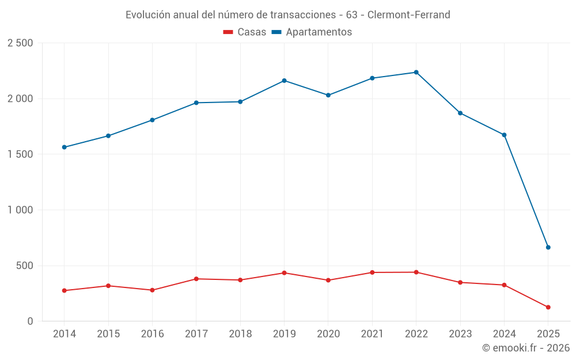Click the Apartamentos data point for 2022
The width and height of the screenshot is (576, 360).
click(416, 72)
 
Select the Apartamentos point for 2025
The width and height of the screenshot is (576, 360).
click(548, 247)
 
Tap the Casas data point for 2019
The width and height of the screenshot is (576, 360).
click(284, 272)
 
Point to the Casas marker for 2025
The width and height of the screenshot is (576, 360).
click(548, 307)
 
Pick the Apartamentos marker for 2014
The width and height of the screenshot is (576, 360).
click(64, 147)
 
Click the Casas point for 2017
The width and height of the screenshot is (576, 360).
click(196, 279)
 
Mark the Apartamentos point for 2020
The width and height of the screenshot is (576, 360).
click(328, 95)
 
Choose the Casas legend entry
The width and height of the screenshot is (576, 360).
click(245, 32)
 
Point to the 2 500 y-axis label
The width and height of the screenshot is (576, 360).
click(20, 43)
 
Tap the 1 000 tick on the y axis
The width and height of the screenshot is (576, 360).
click(20, 210)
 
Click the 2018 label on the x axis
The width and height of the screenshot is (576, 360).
click(240, 334)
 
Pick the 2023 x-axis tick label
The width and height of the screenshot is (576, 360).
click(460, 334)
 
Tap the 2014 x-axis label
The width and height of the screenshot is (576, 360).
click(64, 334)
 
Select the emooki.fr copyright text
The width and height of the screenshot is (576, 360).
click(525, 348)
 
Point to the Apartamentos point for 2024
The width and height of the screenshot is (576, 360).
click(504, 135)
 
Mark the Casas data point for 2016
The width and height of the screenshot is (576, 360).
click(152, 290)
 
